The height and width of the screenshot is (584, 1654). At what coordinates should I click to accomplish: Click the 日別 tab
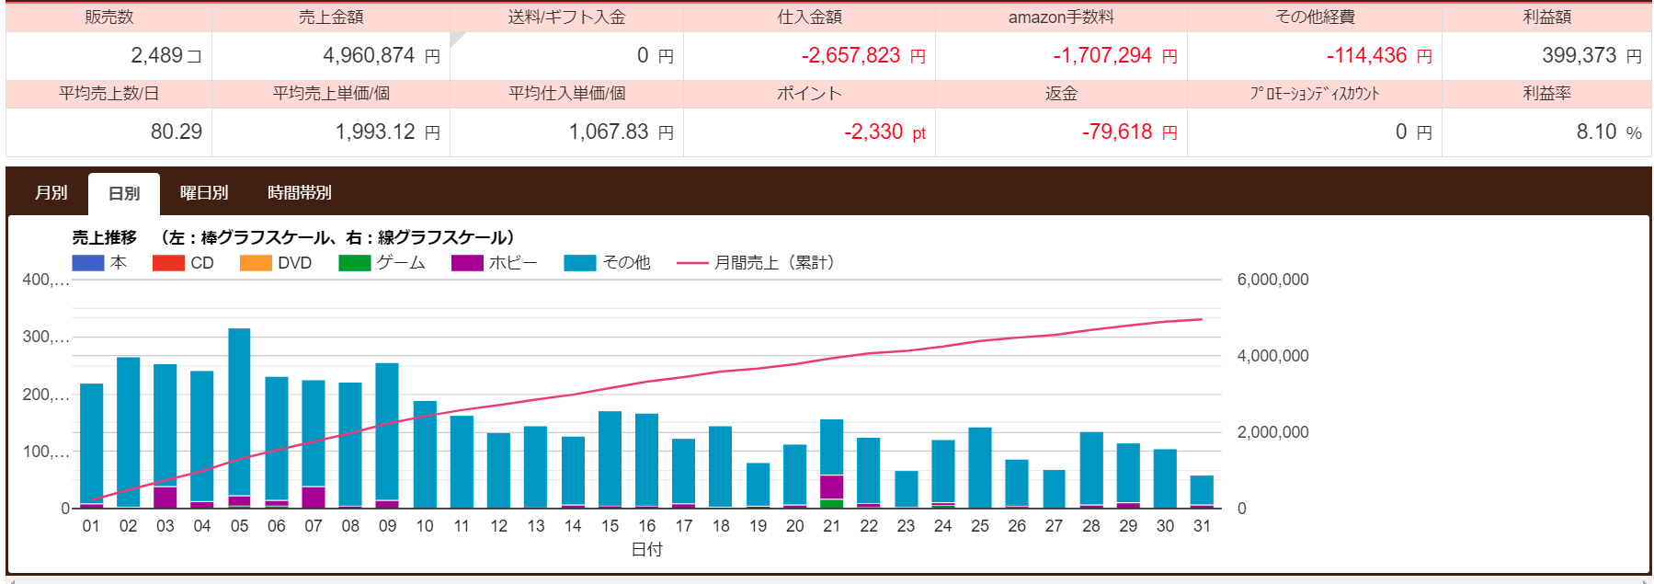point(124,193)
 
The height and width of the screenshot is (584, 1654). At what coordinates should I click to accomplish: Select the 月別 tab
point(51,193)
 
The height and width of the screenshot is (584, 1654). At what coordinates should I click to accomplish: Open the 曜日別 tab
point(204,193)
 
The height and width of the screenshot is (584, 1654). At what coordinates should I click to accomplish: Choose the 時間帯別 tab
point(300,193)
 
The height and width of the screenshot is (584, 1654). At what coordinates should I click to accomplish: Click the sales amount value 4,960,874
point(369,56)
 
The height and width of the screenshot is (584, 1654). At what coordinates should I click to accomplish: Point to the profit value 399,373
point(1579,56)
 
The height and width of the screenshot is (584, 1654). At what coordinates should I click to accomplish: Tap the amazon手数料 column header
point(1061,17)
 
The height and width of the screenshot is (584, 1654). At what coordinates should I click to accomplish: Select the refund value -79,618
point(1117,132)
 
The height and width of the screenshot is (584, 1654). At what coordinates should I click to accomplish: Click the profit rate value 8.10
point(1596,132)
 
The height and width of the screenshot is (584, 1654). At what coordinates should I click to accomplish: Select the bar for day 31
point(1202,490)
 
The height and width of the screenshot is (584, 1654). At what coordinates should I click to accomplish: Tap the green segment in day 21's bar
point(832,503)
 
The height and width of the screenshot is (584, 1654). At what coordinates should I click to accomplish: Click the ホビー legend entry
point(494,263)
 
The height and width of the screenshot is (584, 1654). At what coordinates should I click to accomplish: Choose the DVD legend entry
point(276,263)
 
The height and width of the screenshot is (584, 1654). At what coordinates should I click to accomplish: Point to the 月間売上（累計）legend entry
point(756,263)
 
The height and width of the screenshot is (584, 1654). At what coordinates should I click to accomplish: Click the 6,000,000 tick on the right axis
point(1272,280)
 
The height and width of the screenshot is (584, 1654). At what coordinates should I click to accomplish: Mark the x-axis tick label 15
point(610,526)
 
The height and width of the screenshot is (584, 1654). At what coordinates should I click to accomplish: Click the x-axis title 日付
point(647,549)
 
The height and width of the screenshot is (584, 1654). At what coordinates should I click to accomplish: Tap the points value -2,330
point(873,132)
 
